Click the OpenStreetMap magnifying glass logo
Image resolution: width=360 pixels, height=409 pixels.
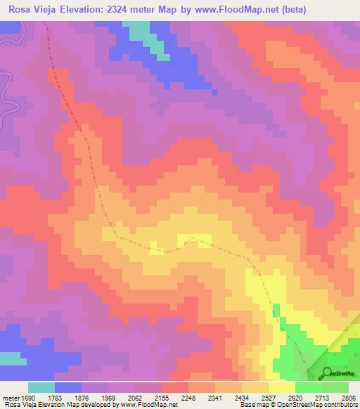click(327, 372)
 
